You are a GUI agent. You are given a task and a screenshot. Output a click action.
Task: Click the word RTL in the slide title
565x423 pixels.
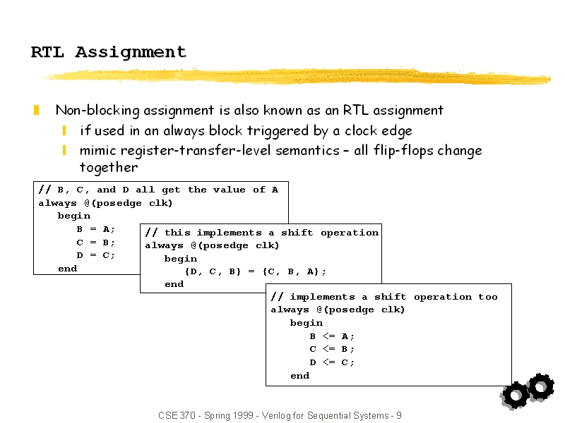47,52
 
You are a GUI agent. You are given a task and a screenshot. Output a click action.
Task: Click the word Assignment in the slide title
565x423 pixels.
131,52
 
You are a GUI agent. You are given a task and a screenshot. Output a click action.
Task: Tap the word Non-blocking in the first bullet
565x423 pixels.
97,111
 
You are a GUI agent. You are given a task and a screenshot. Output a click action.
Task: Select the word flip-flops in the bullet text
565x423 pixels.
403,150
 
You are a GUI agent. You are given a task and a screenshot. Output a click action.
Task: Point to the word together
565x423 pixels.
109,168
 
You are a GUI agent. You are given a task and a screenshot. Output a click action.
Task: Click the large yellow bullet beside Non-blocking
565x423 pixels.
37,110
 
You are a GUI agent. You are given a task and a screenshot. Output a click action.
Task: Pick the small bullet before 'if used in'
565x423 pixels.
64,130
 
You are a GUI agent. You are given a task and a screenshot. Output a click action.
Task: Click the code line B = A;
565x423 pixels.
96,230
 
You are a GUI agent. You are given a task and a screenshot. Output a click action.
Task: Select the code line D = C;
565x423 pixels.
96,255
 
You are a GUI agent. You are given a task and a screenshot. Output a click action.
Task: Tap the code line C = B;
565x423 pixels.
96,243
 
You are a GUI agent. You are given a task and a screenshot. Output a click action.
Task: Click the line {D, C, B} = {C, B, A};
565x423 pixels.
256,271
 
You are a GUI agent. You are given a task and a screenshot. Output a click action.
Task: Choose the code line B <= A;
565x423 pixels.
332,336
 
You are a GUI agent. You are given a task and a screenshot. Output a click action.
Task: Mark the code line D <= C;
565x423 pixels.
332,362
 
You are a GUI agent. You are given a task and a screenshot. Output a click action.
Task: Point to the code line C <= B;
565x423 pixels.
332,349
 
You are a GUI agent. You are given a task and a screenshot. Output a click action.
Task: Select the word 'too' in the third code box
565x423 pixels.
488,297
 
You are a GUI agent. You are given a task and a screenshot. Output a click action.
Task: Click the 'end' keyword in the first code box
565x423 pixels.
68,269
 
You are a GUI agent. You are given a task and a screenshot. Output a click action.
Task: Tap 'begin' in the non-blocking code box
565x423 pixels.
307,323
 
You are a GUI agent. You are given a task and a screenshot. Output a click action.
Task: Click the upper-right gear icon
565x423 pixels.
540,386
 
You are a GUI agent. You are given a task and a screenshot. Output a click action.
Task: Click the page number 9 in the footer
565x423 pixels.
399,415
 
